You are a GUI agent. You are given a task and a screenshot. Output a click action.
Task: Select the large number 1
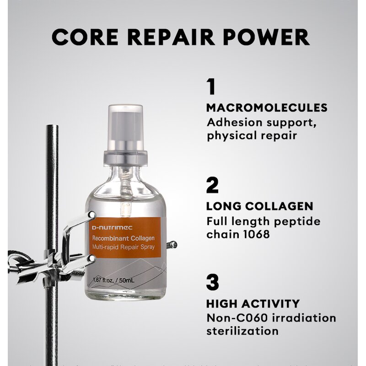click(211, 86)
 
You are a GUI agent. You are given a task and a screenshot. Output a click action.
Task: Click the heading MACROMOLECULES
click(267, 108)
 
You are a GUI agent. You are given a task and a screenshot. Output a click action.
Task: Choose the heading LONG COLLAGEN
click(259, 206)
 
